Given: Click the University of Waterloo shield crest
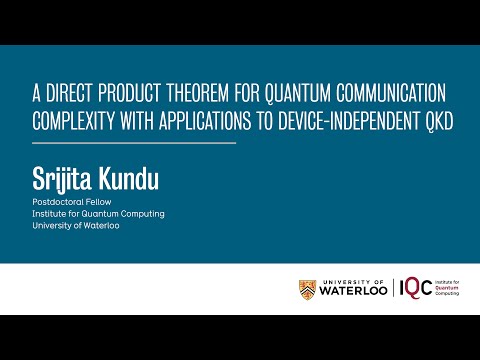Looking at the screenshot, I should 307,290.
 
